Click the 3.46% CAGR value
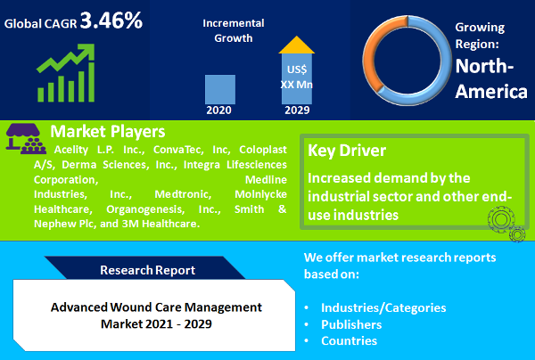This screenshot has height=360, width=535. pos(111,20)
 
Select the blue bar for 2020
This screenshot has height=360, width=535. pos(219,90)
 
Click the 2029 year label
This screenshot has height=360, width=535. pos(297,111)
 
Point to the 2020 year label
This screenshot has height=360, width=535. pos(219,111)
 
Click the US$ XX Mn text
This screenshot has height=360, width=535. pos(297,76)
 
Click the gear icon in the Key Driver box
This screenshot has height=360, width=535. pos(500,218)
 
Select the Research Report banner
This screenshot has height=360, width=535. pos(147,269)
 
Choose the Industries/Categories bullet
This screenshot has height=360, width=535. pos(383,307)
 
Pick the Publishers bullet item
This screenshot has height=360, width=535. pos(353,324)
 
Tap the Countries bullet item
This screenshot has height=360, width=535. pos(350,341)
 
